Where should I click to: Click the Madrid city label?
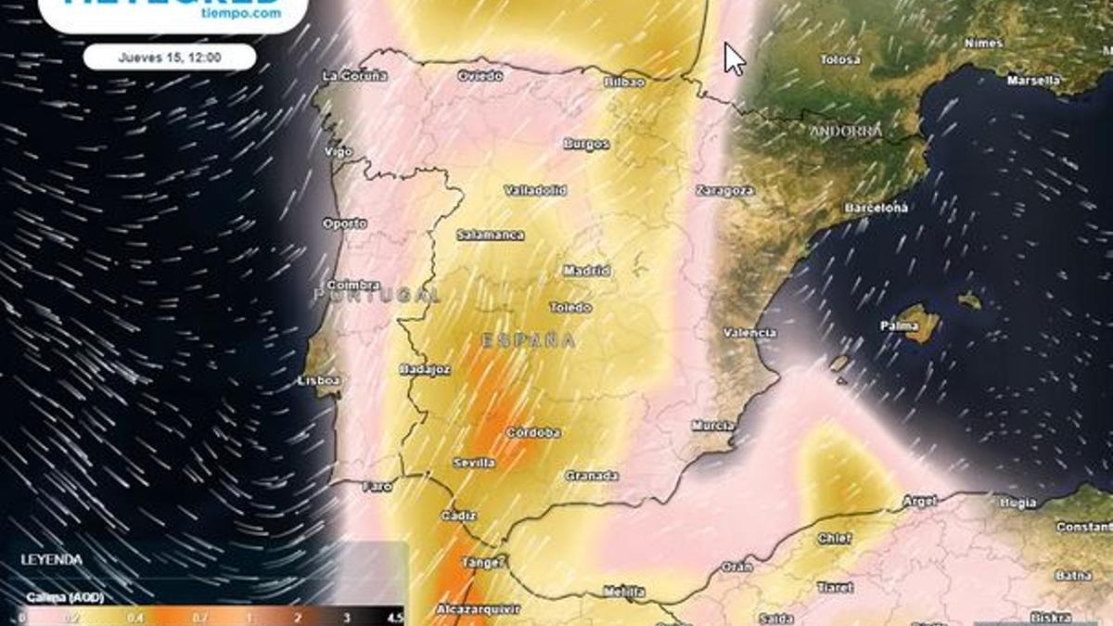[587, 271]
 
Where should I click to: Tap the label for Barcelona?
[876, 209]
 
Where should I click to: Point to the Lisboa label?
[319, 380]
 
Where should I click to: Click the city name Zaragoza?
[724, 190]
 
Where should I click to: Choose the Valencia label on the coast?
[749, 332]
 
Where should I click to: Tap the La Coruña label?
[353, 75]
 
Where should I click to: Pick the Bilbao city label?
[623, 82]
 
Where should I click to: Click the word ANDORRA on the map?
[846, 132]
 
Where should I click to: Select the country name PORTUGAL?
[377, 294]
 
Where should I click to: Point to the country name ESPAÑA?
[529, 340]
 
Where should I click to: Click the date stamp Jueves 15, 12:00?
[170, 57]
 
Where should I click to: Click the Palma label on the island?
[899, 326]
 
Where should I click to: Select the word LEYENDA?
[51, 560]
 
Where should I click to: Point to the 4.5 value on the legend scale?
[394, 618]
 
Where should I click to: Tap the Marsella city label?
[1034, 81]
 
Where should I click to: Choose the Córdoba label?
[532, 432]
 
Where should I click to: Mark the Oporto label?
[344, 224]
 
